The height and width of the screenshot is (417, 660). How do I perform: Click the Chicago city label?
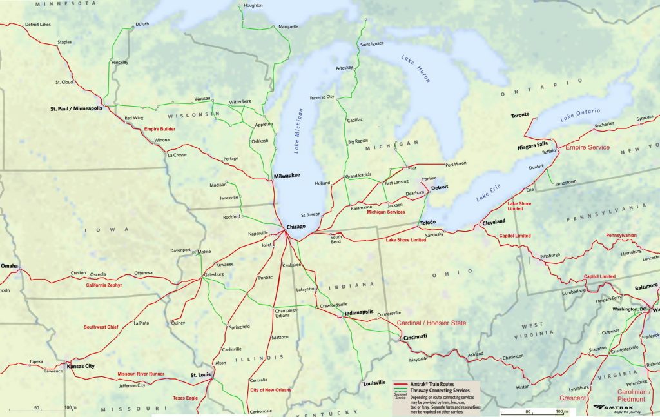296,227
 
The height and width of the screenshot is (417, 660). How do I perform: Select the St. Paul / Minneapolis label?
76,108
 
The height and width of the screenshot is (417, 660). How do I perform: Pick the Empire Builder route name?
160,129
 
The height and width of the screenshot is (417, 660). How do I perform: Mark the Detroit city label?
440,187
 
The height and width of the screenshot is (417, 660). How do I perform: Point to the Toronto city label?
519,116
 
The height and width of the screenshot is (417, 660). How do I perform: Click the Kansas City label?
81,366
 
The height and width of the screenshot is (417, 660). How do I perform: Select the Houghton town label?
253,5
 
